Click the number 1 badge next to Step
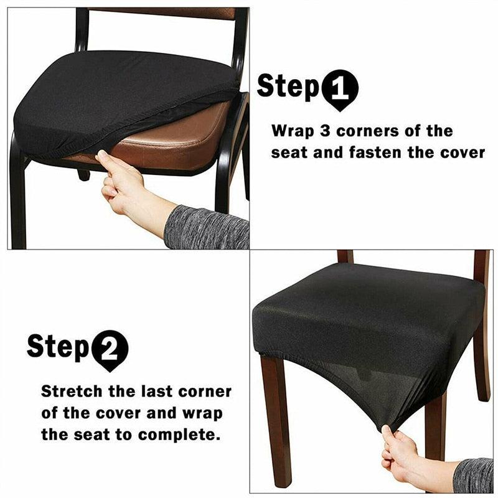coord(340,89)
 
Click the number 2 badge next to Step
coord(110,349)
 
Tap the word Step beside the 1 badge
coord(288,87)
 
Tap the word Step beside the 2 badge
coord(58,347)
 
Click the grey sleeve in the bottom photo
coord(473,475)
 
